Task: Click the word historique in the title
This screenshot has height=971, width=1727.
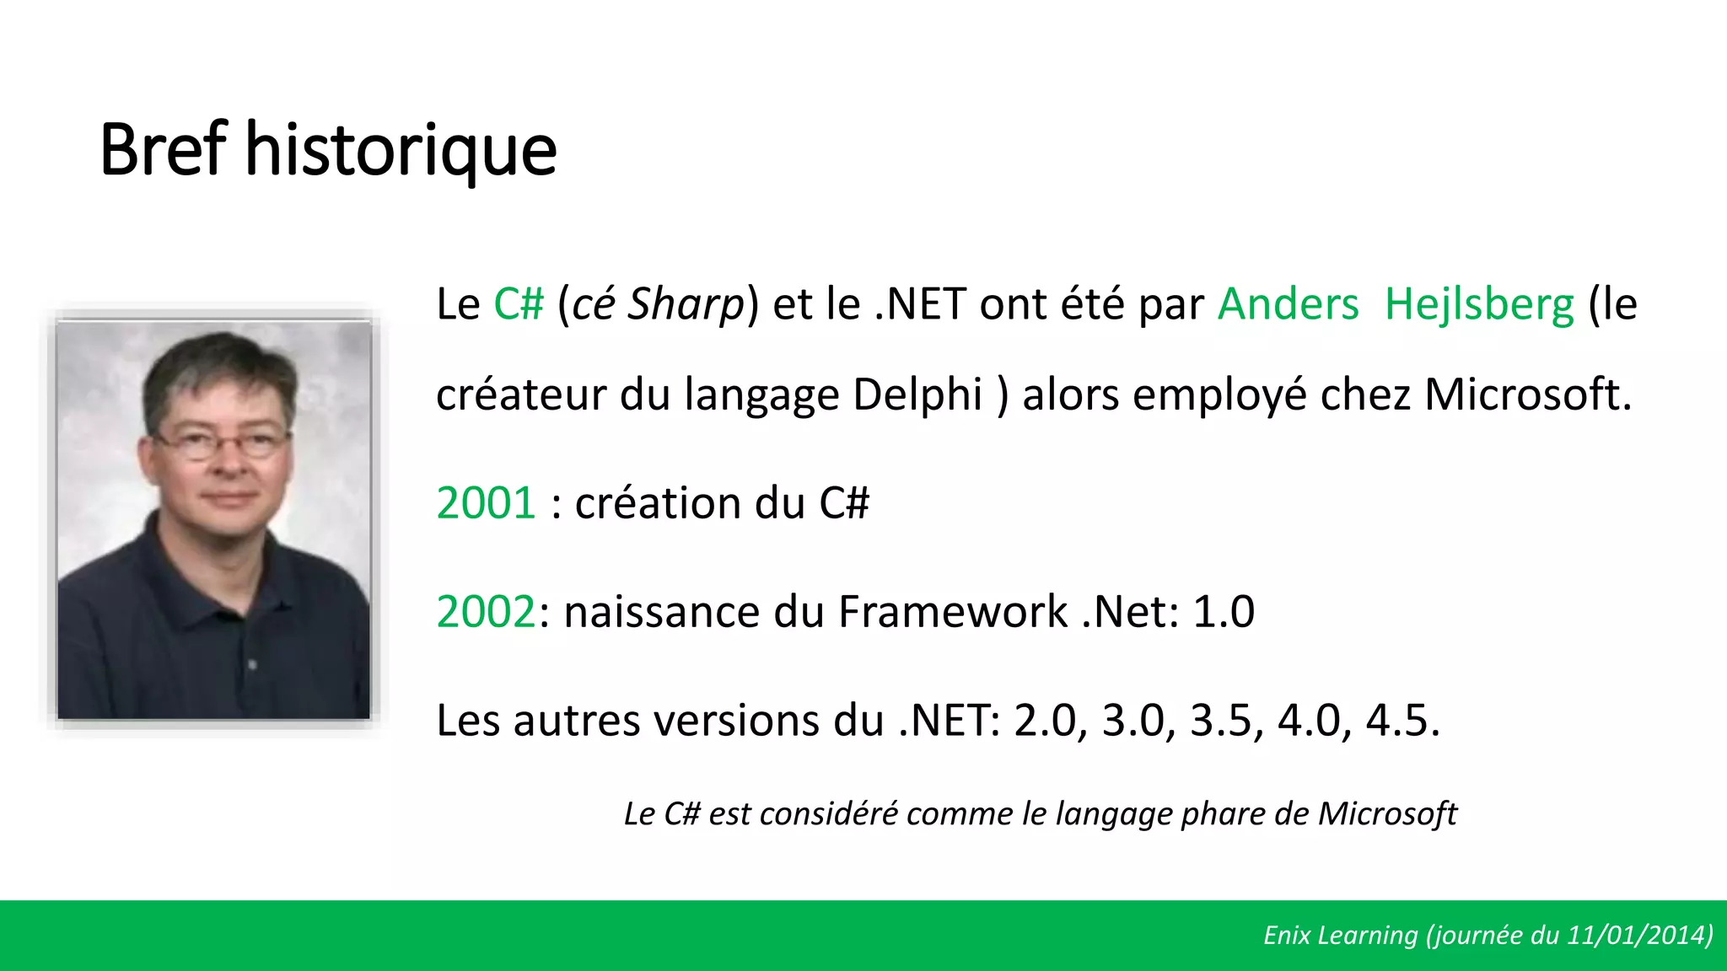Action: tap(401, 152)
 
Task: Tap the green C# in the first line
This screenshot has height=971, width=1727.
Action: tap(519, 304)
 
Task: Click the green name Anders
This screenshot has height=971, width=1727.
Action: tap(1288, 304)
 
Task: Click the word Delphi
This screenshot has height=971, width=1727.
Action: tap(917, 394)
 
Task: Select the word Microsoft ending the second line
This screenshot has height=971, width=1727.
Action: tap(1526, 394)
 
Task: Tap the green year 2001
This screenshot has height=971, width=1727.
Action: tap(486, 503)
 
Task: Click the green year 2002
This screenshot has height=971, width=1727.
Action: tap(486, 612)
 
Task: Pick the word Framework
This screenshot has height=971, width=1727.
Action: tap(953, 612)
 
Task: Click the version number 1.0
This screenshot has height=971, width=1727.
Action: tap(1224, 612)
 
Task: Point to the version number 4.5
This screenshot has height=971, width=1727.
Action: tap(1401, 721)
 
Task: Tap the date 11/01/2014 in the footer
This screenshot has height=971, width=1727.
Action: tap(1638, 936)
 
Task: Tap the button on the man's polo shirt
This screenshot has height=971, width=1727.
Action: tap(251, 665)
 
